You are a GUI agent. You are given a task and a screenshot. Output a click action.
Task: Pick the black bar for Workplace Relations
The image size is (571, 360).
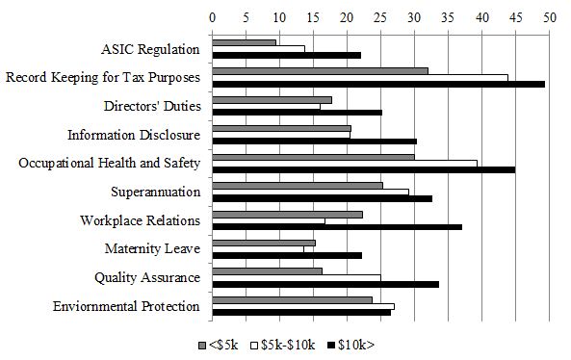coord(336,227)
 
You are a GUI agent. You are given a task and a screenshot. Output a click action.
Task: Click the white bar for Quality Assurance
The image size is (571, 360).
coord(296,277)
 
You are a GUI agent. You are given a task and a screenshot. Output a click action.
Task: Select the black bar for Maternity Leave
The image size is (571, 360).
coord(286,255)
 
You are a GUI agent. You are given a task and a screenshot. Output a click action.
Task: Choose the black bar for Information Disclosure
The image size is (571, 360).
coord(314,141)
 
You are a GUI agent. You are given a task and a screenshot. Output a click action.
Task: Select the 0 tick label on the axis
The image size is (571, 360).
coord(212,16)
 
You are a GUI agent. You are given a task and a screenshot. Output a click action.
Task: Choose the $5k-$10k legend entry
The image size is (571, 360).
coord(284,344)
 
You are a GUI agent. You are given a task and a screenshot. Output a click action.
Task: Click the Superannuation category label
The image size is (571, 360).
coord(155,192)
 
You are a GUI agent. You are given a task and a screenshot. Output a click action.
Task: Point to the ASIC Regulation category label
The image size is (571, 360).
coord(150,49)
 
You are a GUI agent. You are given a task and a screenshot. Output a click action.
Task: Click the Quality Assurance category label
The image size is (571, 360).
coord(147,277)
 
